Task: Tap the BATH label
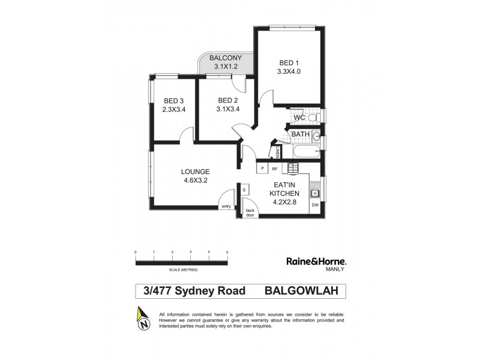pos(300,134)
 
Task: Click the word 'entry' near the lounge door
pos(226,206)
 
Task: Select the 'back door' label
pos(250,212)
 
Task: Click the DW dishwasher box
pos(315,205)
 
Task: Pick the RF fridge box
pos(275,169)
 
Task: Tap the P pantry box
pos(262,169)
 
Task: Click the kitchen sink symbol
pos(314,193)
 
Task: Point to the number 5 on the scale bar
pos(227,252)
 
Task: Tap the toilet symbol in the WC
pos(313,118)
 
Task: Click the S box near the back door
pos(244,190)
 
